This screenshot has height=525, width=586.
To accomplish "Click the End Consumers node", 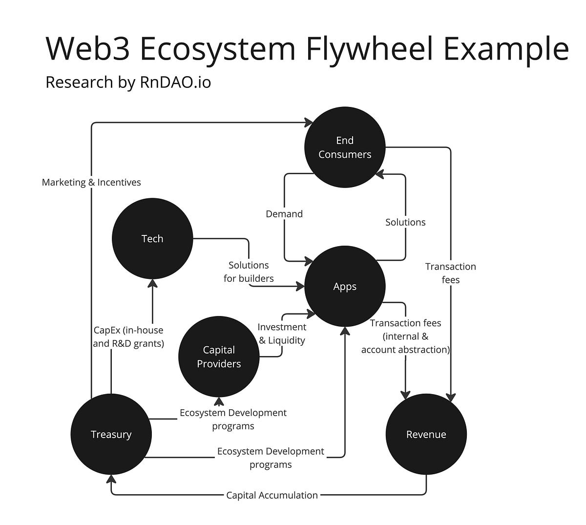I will (345, 147).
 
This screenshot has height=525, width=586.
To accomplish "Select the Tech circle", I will (152, 239).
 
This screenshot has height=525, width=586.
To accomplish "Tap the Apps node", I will (345, 287).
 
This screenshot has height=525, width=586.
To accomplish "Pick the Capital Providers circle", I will (219, 357).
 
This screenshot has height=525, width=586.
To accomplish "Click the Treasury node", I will (111, 435).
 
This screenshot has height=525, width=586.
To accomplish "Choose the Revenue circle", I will (426, 435).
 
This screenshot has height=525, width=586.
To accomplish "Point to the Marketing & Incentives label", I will (91, 183).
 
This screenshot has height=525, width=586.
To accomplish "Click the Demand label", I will (284, 214).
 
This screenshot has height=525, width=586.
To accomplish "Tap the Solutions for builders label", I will (249, 272).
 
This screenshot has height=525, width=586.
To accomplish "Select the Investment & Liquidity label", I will (282, 334).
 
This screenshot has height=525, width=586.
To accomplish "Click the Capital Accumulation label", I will (272, 495).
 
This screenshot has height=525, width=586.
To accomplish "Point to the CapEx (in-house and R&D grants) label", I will (128, 337).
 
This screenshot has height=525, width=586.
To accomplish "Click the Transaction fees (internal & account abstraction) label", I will (405, 336).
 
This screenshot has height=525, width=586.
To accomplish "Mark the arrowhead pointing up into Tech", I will (152, 283).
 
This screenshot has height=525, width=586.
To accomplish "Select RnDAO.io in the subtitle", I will (176, 82).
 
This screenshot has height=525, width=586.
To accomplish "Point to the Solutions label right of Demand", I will (405, 222).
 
